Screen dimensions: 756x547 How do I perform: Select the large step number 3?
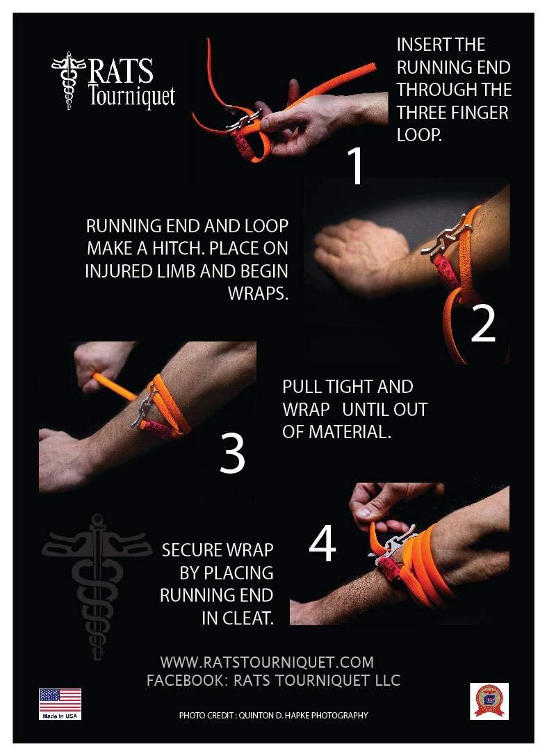click(x=232, y=453)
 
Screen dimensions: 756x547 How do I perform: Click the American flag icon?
click(x=60, y=700)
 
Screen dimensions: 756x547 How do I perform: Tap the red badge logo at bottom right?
click(x=489, y=700)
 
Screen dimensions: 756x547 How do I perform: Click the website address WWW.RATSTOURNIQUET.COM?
click(x=267, y=661)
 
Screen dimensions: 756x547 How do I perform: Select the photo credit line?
click(x=273, y=715)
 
